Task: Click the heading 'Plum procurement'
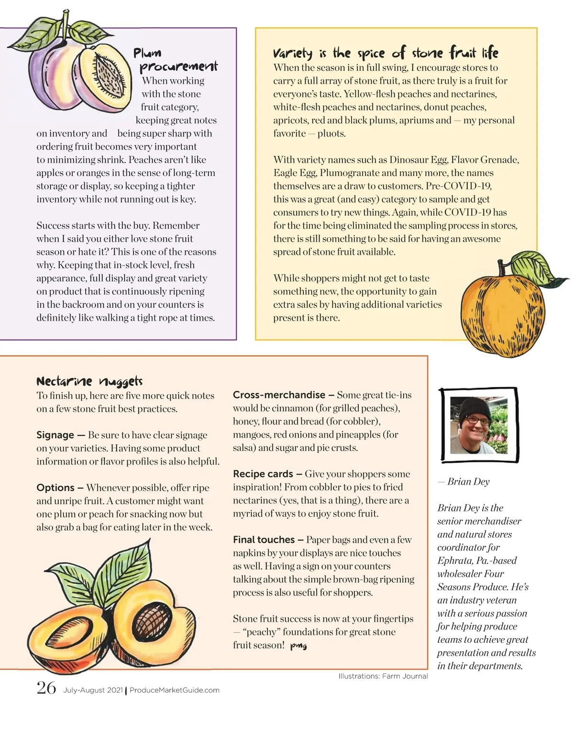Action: point(175,59)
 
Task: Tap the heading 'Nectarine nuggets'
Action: point(89,381)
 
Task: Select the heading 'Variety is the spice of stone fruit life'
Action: point(386,52)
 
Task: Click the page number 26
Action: point(46,688)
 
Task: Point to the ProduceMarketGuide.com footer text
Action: point(175,690)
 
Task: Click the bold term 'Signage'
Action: point(55,435)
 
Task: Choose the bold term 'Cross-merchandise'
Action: point(279,395)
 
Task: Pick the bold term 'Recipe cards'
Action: point(263,474)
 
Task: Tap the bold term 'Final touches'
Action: point(264,540)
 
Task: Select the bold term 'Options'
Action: point(55,487)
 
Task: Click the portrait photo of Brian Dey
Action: point(478,425)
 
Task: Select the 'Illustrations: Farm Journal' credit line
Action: point(383,676)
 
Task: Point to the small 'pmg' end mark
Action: point(298,646)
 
